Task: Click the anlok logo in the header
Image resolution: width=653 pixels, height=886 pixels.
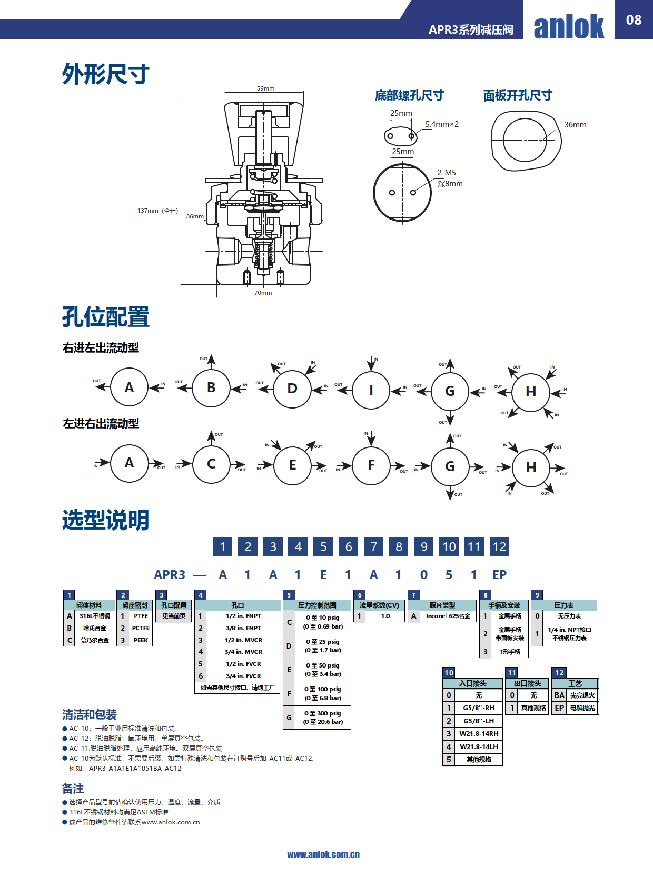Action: pos(569,26)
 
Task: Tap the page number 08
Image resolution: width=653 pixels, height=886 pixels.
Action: pos(634,20)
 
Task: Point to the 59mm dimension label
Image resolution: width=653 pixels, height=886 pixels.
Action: pos(265,88)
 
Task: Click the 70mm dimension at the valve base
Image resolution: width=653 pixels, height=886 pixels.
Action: pos(263,293)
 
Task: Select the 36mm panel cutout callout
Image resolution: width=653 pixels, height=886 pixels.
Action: pos(575,125)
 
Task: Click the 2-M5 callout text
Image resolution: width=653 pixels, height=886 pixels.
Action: pos(447,173)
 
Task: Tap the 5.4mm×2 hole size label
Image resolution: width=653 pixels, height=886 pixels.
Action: pos(442,124)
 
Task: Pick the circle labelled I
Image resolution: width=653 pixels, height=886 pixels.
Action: pos(371,391)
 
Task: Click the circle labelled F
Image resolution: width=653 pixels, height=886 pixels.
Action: pos(371,465)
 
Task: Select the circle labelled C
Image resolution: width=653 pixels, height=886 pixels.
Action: pos(211,464)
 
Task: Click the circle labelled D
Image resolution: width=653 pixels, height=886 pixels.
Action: pos(292,389)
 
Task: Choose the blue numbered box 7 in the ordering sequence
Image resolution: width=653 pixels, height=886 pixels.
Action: pos(373,547)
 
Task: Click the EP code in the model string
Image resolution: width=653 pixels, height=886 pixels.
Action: pos(499,575)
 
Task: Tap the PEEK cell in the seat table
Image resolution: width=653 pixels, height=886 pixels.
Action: pos(141,640)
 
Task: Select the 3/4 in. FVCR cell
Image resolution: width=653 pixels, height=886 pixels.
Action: pos(243,676)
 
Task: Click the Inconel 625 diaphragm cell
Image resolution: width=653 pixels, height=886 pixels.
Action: pos(448,616)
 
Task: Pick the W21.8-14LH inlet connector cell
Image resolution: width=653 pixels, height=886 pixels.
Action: pos(479,746)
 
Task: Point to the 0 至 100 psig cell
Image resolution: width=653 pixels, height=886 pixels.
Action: pos(322,694)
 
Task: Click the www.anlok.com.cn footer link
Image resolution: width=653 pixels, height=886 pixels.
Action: pos(323,854)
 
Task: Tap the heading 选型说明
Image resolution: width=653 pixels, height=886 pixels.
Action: pos(106,520)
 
